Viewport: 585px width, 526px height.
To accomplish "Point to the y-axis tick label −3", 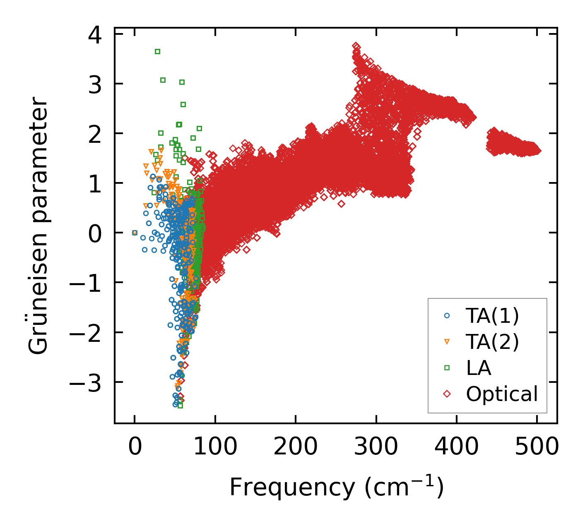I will (x=85, y=383).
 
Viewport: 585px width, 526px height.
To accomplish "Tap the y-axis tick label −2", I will (x=85, y=333).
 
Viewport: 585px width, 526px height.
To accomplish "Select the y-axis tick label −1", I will (x=85, y=283).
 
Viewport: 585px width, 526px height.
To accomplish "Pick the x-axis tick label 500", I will (x=537, y=447).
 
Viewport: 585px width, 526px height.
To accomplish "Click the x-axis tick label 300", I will (x=376, y=447).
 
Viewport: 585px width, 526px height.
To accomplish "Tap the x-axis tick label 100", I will (x=215, y=447).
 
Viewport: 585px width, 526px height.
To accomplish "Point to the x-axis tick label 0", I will (x=135, y=447).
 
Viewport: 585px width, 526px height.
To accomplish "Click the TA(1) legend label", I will (x=492, y=316).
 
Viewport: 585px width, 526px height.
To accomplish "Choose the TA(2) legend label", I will (x=492, y=342).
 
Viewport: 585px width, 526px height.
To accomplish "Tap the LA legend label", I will (x=478, y=368).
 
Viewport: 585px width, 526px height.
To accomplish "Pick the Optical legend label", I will (x=502, y=394).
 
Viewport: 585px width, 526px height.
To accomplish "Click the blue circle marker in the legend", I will (x=447, y=315).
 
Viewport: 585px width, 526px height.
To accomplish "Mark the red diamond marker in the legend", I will (x=447, y=394).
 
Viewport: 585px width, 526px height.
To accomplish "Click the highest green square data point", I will (x=157, y=52).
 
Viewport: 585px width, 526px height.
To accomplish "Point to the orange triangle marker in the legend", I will (x=447, y=342).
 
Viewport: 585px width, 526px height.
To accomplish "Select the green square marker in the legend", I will (x=447, y=367).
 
